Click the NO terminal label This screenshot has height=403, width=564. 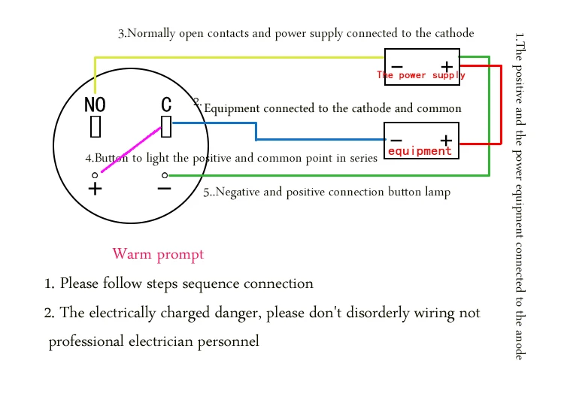click(x=95, y=105)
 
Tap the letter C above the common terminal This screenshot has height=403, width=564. click(x=166, y=105)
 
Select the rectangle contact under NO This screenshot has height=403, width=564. click(x=96, y=126)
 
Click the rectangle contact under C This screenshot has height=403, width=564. click(x=166, y=126)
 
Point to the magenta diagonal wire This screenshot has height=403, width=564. click(x=131, y=150)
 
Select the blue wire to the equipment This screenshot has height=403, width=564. click(x=256, y=132)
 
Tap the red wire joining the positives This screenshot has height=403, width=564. click(x=501, y=105)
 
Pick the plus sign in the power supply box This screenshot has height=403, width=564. click(x=447, y=66)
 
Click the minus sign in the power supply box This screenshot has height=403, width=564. click(x=397, y=66)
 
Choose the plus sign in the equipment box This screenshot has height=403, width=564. click(x=446, y=140)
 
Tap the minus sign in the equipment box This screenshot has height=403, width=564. click(x=396, y=140)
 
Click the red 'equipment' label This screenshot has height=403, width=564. click(x=420, y=151)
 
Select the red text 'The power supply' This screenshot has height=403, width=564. click(x=421, y=75)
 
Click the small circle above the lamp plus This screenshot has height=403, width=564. click(x=95, y=175)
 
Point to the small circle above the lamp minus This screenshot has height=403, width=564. click(x=165, y=175)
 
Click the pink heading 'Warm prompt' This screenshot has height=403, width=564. click(x=158, y=254)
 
